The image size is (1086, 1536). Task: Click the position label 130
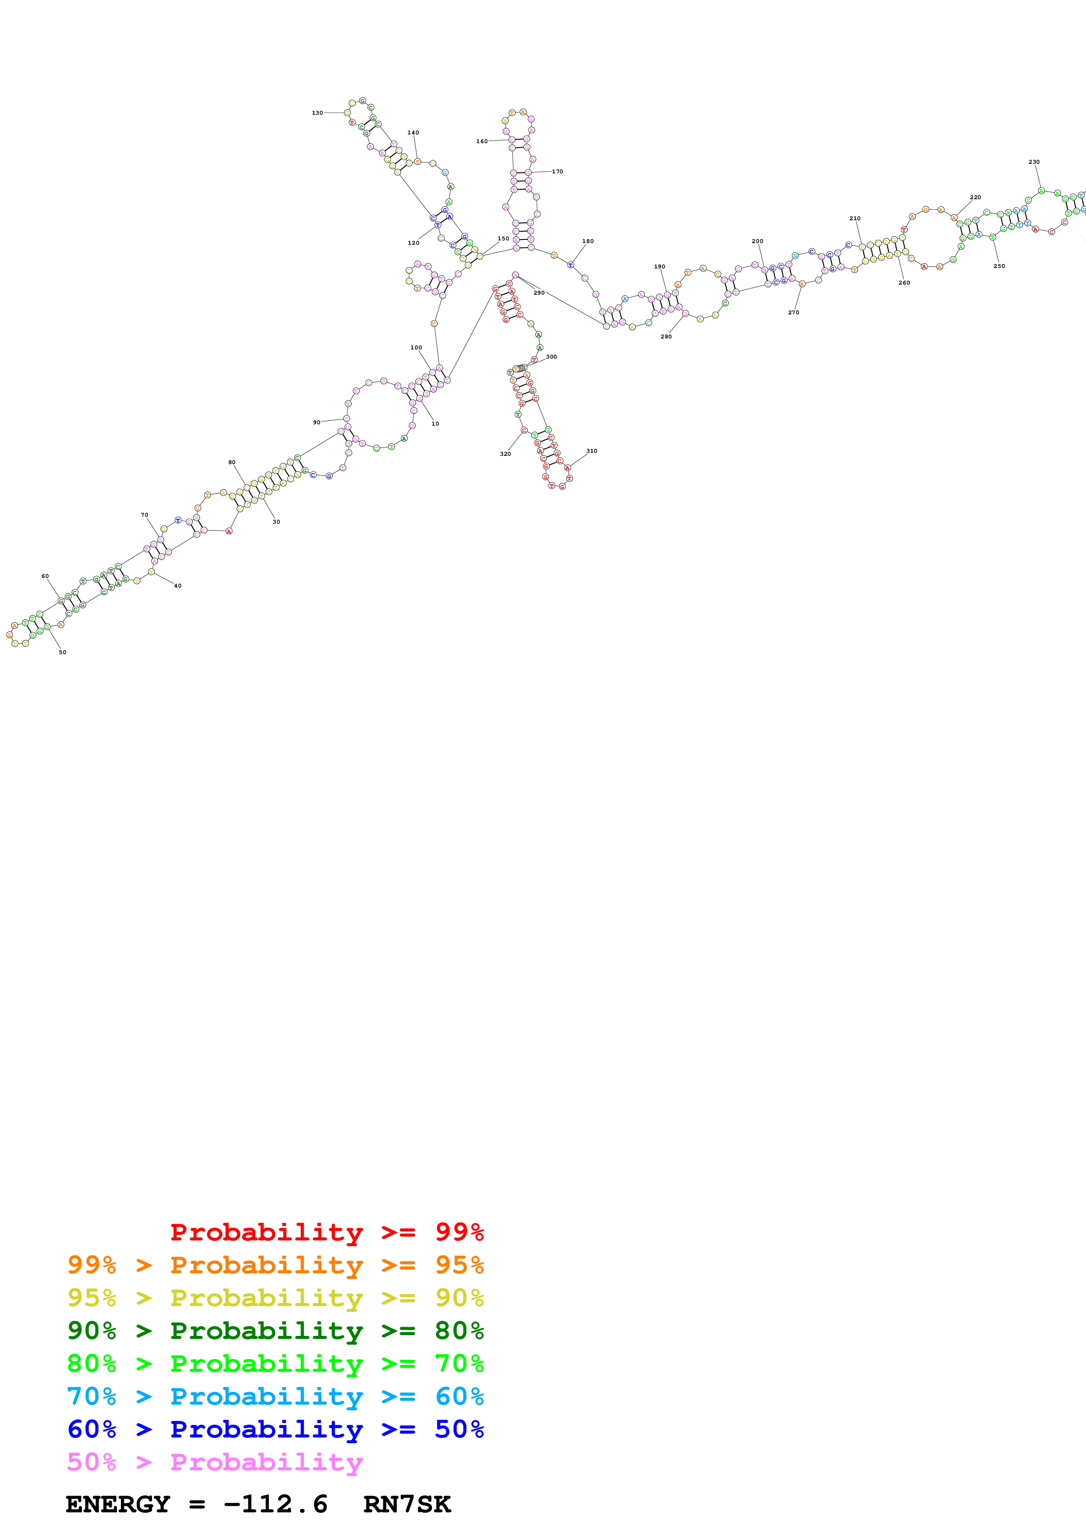pos(317,113)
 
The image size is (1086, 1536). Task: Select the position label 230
pos(1034,162)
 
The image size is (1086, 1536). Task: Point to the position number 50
pos(62,652)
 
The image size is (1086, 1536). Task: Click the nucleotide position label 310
pos(591,451)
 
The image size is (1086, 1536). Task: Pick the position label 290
pos(539,293)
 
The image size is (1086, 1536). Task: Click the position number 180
pos(587,242)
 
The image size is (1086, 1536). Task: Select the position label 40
pos(177,586)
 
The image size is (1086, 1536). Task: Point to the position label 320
pos(505,454)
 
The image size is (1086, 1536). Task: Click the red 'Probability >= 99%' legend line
pos(326,1232)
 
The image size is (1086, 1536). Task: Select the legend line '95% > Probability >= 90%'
pos(275,1298)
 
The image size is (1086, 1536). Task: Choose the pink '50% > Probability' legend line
pos(215,1462)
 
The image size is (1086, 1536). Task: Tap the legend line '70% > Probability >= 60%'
pos(275,1397)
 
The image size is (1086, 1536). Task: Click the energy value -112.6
pos(275,1504)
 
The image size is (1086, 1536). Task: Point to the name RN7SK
pos(407,1504)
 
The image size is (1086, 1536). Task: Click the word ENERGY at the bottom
pos(118,1504)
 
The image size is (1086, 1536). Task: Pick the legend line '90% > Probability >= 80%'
pos(275,1331)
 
